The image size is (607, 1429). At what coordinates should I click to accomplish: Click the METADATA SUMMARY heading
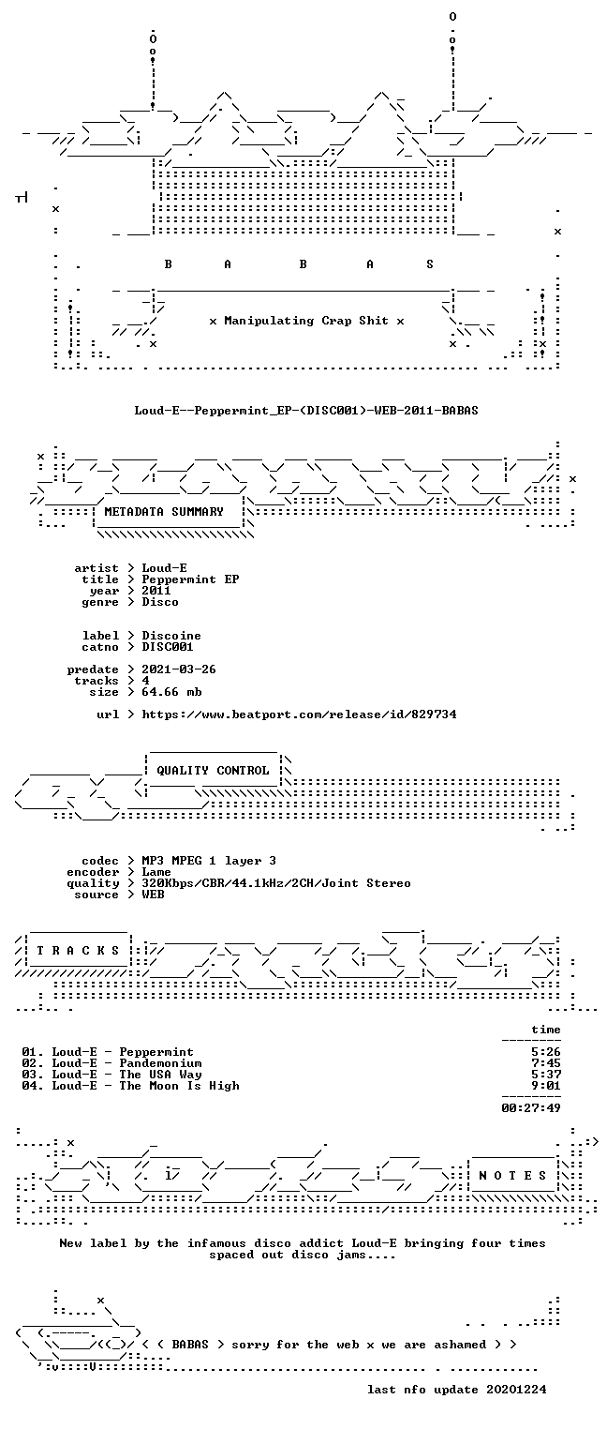(164, 512)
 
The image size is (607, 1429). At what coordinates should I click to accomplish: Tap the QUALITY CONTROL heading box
(213, 770)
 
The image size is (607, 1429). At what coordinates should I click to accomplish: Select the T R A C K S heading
(78, 951)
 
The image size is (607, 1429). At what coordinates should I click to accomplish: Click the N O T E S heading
(512, 1176)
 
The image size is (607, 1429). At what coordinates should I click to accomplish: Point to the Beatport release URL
(299, 714)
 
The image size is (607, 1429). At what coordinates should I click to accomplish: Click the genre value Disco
(160, 602)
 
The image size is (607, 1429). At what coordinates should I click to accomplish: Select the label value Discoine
(171, 636)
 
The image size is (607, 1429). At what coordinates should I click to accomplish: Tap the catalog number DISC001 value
(168, 647)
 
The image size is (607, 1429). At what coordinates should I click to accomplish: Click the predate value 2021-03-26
(179, 669)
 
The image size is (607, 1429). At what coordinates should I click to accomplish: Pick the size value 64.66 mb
(171, 692)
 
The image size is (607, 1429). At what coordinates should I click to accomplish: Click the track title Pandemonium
(161, 1063)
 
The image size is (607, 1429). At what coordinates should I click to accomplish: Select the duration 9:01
(546, 1086)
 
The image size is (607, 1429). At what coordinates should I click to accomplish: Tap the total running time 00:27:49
(531, 1108)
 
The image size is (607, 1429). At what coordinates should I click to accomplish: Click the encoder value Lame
(156, 872)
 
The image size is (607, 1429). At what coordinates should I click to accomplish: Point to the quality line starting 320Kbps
(276, 883)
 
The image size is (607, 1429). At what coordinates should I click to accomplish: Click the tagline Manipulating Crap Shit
(306, 321)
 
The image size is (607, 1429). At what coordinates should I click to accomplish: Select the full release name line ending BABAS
(306, 410)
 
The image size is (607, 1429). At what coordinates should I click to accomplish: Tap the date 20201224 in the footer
(516, 1390)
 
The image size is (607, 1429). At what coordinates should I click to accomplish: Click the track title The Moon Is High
(179, 1086)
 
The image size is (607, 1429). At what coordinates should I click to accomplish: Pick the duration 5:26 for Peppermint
(546, 1052)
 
